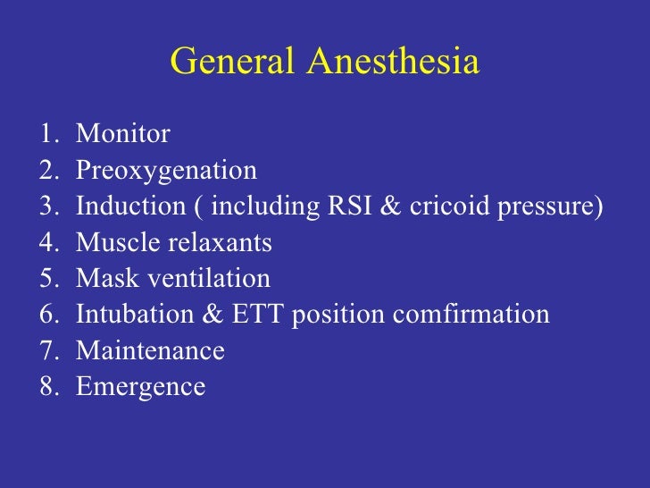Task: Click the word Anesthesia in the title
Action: pos(393,62)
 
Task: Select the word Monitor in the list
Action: pos(123,134)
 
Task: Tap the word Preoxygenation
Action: pos(166,171)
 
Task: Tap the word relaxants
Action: pos(217,242)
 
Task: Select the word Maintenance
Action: pos(150,350)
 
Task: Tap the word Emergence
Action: pos(140,388)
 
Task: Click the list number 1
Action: pos(46,134)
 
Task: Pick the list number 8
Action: pos(46,387)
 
